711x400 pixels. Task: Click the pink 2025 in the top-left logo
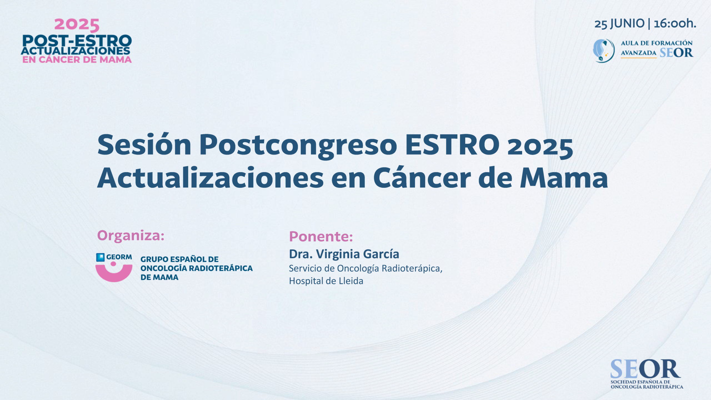(x=77, y=25)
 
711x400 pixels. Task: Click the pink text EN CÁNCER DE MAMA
(x=77, y=59)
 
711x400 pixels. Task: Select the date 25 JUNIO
(x=619, y=24)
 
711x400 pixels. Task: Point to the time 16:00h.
(x=675, y=23)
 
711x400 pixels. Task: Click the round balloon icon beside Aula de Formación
(x=604, y=51)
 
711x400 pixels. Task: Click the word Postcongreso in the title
(x=298, y=147)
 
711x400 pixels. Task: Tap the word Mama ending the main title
(x=564, y=178)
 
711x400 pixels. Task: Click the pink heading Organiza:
(x=131, y=236)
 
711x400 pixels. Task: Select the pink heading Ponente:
(x=321, y=236)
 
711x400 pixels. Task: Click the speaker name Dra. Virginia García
(x=344, y=254)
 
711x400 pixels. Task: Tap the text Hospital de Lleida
(x=326, y=281)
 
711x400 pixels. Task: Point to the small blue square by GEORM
(x=100, y=257)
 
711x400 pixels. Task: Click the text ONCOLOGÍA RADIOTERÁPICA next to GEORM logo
(x=197, y=268)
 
